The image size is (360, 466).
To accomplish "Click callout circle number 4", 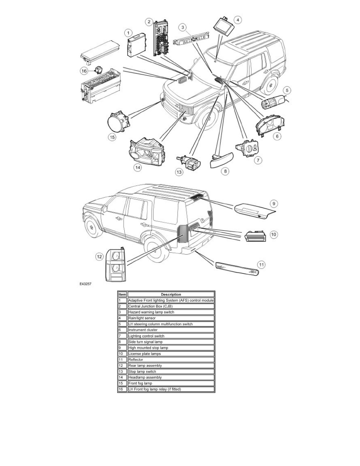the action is click(237, 20).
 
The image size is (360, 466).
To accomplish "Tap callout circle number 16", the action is click(84, 71).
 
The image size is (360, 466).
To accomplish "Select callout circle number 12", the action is click(99, 257).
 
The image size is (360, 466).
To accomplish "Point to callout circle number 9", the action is click(274, 204).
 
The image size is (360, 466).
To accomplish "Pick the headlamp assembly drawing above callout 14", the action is click(147, 153).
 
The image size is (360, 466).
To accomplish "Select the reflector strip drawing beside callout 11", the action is click(237, 269).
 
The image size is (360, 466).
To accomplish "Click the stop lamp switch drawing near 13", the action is click(189, 162).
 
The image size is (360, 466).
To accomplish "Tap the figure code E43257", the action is click(85, 284).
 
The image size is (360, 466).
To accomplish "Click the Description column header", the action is click(171, 295).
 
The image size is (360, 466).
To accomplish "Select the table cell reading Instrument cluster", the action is click(171, 330).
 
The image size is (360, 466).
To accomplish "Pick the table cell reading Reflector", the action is click(171, 360).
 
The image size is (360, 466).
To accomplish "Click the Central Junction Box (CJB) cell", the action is click(171, 306).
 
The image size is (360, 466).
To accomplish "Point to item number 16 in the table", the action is click(121, 389).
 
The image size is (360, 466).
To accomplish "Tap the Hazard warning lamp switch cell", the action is click(171, 312).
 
